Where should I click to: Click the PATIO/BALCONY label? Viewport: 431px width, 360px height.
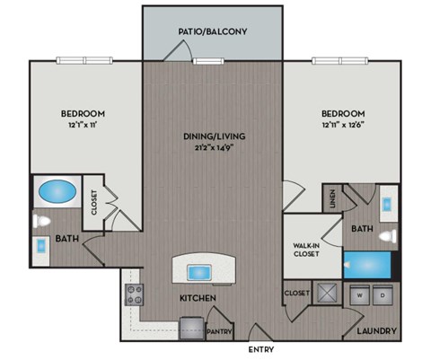(x=213, y=31)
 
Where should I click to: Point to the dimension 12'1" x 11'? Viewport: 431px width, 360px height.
(x=83, y=126)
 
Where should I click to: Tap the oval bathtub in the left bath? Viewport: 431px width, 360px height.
(x=57, y=192)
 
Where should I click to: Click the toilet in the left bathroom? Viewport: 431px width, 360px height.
(x=42, y=221)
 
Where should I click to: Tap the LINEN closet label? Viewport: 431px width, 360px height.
(x=333, y=198)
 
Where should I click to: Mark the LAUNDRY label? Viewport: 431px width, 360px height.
(x=376, y=330)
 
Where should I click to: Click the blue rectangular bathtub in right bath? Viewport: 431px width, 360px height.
(x=368, y=265)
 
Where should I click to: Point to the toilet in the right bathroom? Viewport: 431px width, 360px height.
(x=386, y=236)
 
